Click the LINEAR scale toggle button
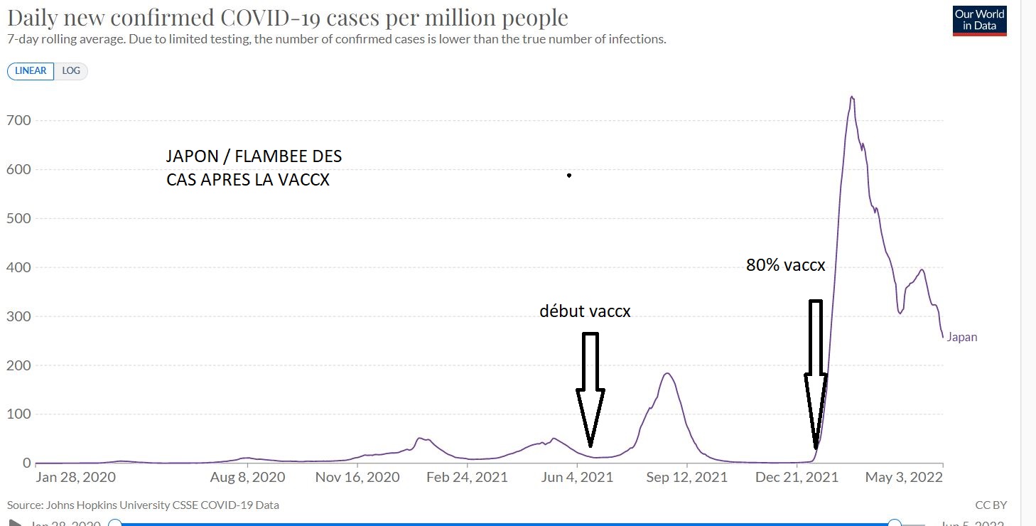31,71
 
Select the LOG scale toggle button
71,71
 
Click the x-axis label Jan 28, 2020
75,477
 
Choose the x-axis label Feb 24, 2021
467,477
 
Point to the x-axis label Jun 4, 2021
578,477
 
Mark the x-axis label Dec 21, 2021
797,477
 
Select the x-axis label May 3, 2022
902,477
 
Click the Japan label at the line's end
962,338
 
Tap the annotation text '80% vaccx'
785,265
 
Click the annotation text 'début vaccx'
585,311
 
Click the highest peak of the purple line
851,97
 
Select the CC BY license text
991,505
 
